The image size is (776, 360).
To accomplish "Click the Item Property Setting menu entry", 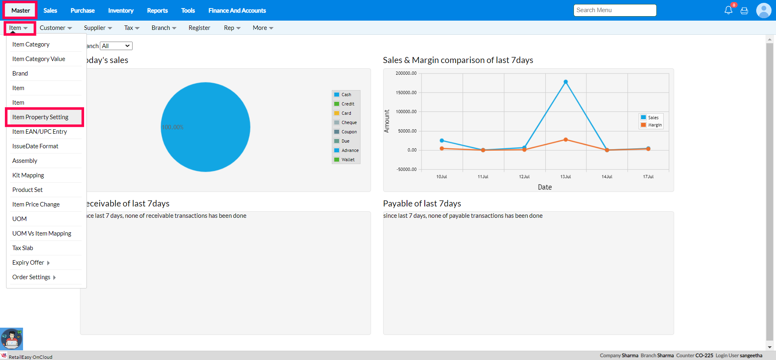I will click(x=40, y=117).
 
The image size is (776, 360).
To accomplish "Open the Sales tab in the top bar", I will click(x=50, y=11).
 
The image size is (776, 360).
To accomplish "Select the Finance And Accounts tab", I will click(x=237, y=11).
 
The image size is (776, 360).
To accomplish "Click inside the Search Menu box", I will click(x=614, y=10).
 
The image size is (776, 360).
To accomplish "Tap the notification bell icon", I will click(x=728, y=11).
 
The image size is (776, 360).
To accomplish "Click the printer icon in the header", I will click(x=744, y=11).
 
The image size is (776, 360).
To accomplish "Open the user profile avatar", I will click(x=763, y=11).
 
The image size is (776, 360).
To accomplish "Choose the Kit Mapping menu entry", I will click(x=28, y=175).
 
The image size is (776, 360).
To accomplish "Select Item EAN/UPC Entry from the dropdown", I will click(x=40, y=132).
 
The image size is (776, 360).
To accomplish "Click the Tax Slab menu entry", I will click(x=23, y=248).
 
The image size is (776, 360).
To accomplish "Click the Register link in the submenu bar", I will click(x=199, y=28).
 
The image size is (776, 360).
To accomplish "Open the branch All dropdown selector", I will click(x=116, y=46).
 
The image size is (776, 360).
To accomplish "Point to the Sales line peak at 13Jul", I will click(x=565, y=82).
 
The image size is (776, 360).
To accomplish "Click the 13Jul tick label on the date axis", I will click(x=565, y=177).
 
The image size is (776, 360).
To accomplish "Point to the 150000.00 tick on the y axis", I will click(x=406, y=93).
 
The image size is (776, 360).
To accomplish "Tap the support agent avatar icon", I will click(x=12, y=339).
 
